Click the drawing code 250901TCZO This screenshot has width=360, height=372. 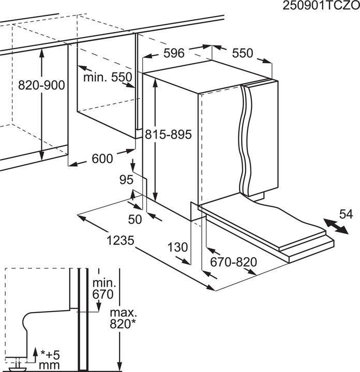coord(321,6)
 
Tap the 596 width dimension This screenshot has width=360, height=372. coord(174,53)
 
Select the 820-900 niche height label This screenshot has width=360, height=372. coord(41,85)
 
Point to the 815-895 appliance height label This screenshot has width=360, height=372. coord(168,134)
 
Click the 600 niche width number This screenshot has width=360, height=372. coord(102,159)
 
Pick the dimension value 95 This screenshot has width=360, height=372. coord(126,180)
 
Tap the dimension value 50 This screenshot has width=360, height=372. coord(135,219)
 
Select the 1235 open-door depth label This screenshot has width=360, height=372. coord(121,240)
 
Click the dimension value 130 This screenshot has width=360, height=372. coord(177,247)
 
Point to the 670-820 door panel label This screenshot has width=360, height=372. coord(234,262)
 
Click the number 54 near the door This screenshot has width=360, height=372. coord(346,214)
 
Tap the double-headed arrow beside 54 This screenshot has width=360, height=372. coord(336,227)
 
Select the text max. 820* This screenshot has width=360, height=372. coord(123,318)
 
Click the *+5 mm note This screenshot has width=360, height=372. coord(49,361)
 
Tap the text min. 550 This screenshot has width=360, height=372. coord(108,77)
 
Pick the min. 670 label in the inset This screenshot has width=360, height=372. coord(103,289)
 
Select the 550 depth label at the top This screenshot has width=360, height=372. coord(243,53)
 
